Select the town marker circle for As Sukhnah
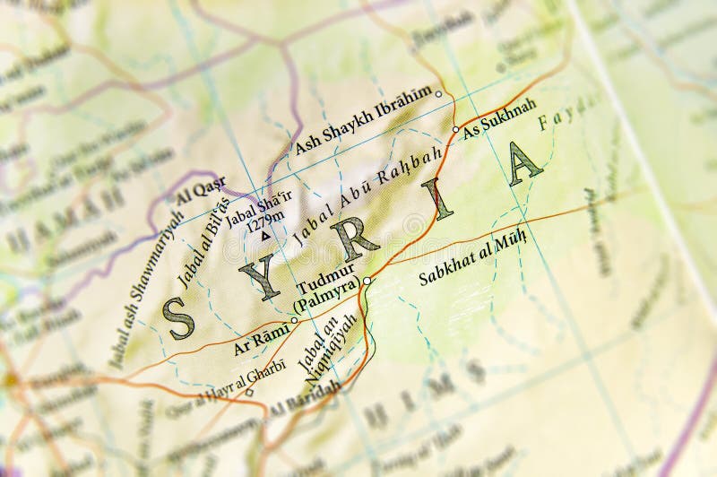point(455,129)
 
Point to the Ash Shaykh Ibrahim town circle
point(438,94)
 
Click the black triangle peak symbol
point(265,236)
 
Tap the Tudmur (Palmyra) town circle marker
point(367,281)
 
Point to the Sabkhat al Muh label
point(472,260)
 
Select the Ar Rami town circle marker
point(294,320)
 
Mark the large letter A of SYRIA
point(523,164)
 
